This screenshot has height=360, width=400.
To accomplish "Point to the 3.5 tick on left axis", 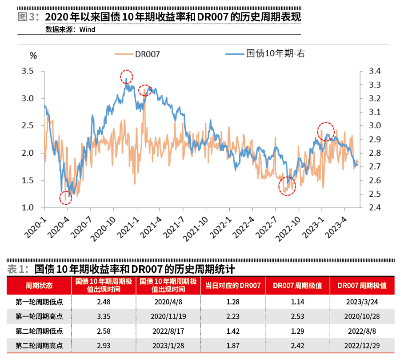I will (28, 71).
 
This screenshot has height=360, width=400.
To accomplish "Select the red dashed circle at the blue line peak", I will (127, 77).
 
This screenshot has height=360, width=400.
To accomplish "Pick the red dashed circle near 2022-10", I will (287, 186).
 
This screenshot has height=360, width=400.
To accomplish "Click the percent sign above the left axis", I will (32, 56).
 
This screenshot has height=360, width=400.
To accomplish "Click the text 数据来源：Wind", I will (70, 30).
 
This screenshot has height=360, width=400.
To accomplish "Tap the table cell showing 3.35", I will (103, 316).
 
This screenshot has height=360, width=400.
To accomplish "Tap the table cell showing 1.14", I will (297, 302).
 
